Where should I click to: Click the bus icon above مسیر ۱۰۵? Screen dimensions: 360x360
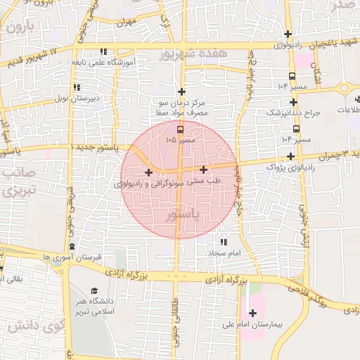pos(181,129)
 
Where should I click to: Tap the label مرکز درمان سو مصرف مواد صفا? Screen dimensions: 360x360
pos(182,108)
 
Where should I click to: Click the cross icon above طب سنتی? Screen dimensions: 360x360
pos(204,169)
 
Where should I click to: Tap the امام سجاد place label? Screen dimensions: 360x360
pos(224,251)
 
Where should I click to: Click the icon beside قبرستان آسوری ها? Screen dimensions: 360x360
pos(72,246)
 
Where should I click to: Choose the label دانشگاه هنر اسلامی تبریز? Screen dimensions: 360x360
pos(94,307)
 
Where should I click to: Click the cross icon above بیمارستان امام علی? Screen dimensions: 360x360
pos(253,313)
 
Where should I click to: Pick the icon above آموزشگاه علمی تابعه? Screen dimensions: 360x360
pos(104,51)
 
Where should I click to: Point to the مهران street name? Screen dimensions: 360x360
pos(127,22)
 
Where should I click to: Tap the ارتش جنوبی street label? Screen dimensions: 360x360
pos(303,229)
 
